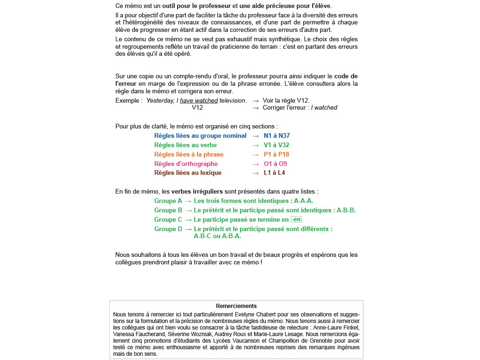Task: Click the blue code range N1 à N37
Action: [277, 136]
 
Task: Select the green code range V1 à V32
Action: [276, 145]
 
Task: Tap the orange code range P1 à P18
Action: [276, 155]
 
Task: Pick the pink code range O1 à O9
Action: [275, 164]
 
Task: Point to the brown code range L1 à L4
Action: [274, 173]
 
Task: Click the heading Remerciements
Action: [236, 306]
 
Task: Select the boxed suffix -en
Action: [296, 220]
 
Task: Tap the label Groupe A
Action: [168, 201]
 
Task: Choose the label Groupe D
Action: [168, 229]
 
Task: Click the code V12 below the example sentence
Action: [197, 108]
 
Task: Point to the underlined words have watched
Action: [199, 101]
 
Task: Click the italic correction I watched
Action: [324, 108]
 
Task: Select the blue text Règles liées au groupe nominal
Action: [200, 136]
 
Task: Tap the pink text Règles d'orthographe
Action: [186, 164]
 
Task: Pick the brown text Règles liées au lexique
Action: [187, 173]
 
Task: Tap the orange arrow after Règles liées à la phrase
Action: [255, 155]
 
